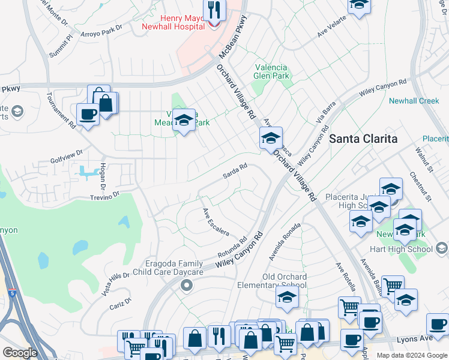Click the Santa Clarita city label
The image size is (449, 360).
(x=363, y=139)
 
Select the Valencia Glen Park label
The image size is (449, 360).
(x=271, y=71)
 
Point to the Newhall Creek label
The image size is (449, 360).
(x=414, y=101)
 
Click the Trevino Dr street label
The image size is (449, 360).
(x=105, y=194)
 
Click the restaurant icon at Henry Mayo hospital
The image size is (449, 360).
(x=212, y=10)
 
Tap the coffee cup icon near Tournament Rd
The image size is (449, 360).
(x=88, y=113)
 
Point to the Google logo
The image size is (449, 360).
(x=20, y=352)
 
